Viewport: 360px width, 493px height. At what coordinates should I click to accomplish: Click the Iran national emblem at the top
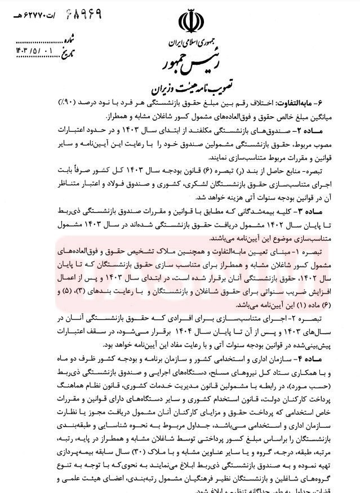click(189, 22)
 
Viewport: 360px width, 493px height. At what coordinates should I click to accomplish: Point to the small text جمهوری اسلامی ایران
click(189, 42)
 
